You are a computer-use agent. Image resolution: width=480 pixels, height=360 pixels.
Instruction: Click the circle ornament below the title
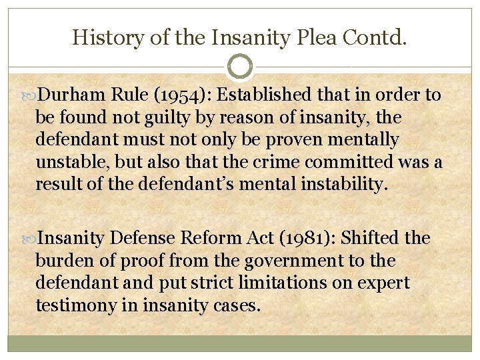240,67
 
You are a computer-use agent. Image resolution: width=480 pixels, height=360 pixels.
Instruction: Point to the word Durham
73,95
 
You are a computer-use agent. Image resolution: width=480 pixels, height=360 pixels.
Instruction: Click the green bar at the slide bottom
240,343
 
